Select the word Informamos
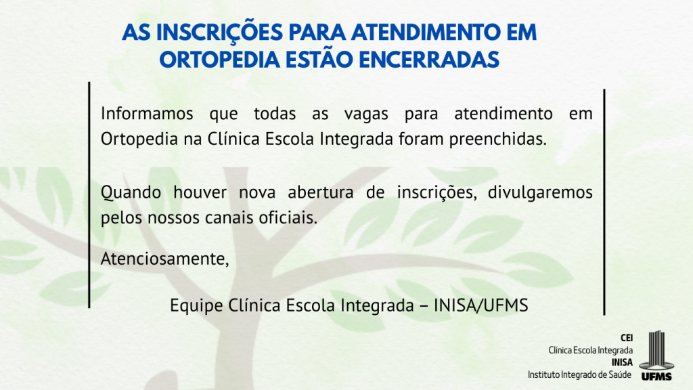click(x=147, y=114)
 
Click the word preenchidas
click(x=498, y=139)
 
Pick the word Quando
click(x=131, y=193)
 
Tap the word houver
click(x=200, y=192)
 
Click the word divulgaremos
click(x=540, y=193)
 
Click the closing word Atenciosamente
click(x=165, y=259)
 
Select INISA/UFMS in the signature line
click(x=481, y=305)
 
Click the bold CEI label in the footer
click(x=627, y=338)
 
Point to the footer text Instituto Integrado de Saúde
click(x=579, y=375)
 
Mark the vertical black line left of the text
click(x=89, y=194)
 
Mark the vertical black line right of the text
click(x=604, y=202)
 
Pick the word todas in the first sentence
click(x=275, y=114)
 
